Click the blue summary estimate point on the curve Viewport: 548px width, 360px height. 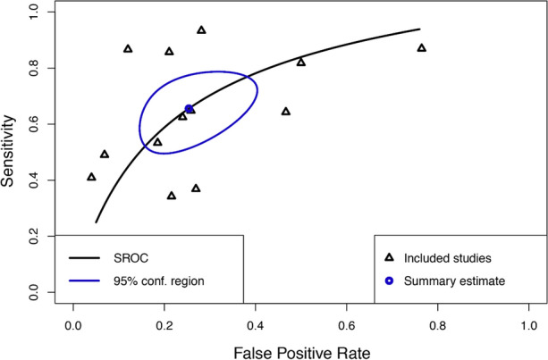(x=189, y=109)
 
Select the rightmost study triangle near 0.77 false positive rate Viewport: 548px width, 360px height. (x=422, y=47)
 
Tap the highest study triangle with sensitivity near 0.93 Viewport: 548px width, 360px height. (x=201, y=29)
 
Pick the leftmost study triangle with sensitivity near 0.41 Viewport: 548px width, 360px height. (x=91, y=177)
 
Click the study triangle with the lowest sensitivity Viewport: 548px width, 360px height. (x=172, y=195)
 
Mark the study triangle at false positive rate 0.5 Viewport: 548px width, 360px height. (x=301, y=62)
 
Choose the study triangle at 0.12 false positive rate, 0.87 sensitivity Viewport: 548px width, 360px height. (x=128, y=48)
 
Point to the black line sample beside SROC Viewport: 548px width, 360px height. (x=87, y=258)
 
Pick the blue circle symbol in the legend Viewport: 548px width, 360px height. (x=390, y=281)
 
